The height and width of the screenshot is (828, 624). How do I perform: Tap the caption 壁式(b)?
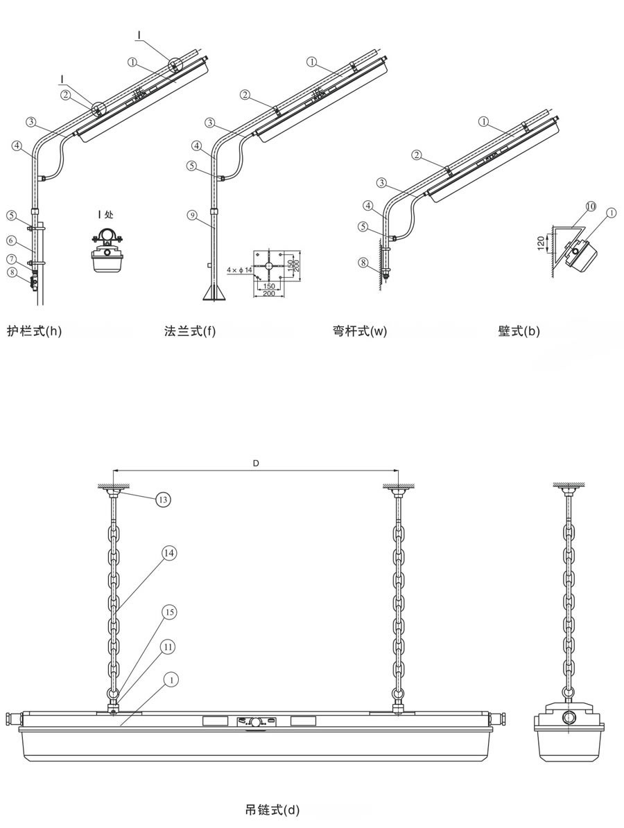(x=519, y=332)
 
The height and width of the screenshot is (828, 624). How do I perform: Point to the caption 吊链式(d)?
(x=272, y=809)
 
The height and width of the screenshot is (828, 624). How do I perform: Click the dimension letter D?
(x=255, y=463)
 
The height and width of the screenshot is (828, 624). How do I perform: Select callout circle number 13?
(x=164, y=499)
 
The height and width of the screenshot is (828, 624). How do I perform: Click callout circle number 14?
(x=169, y=553)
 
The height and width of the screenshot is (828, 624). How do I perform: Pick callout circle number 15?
(x=169, y=612)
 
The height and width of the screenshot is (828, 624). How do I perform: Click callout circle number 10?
(x=591, y=206)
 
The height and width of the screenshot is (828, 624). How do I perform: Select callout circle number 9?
(x=192, y=214)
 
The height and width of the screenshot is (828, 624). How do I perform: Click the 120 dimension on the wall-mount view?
(x=541, y=243)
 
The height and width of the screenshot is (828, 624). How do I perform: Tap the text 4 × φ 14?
(x=239, y=270)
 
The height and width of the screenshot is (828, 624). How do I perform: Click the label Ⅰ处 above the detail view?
(x=105, y=214)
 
